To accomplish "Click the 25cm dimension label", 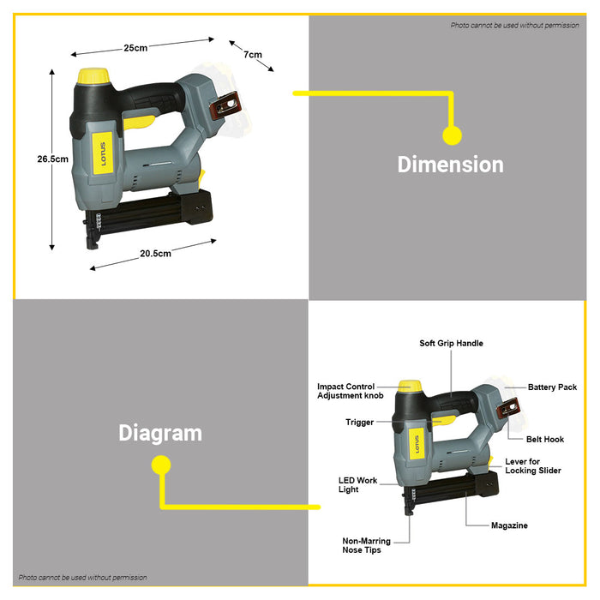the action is click(135, 48).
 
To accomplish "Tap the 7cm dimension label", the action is click(253, 54).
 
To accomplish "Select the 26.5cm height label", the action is click(53, 159).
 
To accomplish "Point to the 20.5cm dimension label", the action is click(155, 254).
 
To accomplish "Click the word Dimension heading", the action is click(450, 165).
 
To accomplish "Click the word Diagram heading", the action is click(160, 433).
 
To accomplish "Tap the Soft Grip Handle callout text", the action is click(451, 343).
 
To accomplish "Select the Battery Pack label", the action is click(552, 387).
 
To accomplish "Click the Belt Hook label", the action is click(545, 439).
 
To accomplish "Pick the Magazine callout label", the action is click(509, 525).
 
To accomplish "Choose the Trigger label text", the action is click(359, 422).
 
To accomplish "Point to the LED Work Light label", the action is click(357, 485).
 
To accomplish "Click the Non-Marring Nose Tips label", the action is click(366, 545).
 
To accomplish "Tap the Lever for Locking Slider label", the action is click(533, 465).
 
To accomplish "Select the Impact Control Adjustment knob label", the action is click(350, 391).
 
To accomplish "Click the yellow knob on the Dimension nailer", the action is click(93, 75).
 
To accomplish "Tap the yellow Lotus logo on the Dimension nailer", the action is click(103, 153).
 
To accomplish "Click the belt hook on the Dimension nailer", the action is click(225, 105).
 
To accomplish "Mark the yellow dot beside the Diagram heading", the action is click(161, 465).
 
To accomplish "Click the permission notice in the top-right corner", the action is click(514, 25).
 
